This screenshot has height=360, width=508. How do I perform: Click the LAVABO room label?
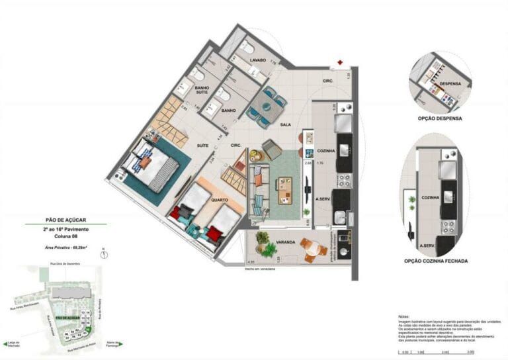tap(257, 60)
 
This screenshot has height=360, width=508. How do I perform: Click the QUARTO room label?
tap(219, 200)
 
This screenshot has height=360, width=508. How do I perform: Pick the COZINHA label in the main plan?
tap(326, 151)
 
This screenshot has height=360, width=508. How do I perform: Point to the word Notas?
tap(404, 317)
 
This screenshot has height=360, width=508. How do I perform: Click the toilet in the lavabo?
tap(246, 46)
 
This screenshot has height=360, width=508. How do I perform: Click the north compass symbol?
tap(104, 253)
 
